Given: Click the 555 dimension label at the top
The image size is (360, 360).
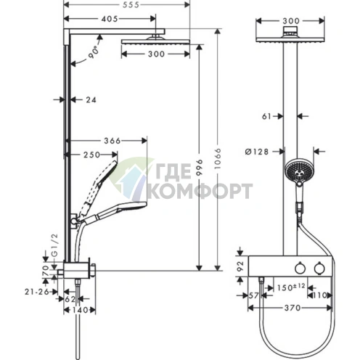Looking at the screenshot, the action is tap(131, 5).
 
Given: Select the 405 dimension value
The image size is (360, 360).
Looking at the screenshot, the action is tap(110, 19).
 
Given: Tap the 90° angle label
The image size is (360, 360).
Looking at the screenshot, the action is tap(94, 52).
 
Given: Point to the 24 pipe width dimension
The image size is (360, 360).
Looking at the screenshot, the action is tap(91, 99).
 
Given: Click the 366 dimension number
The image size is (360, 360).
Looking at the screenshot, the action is tap(112, 141).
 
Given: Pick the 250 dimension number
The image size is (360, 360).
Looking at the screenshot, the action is tap(91, 155).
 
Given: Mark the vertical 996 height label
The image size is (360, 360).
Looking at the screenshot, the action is tap(200, 168).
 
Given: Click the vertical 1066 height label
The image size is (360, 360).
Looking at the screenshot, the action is tap(218, 159).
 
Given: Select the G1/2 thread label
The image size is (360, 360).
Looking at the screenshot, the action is tap(55, 245).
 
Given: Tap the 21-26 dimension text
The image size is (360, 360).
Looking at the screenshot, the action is tap(37, 292).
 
